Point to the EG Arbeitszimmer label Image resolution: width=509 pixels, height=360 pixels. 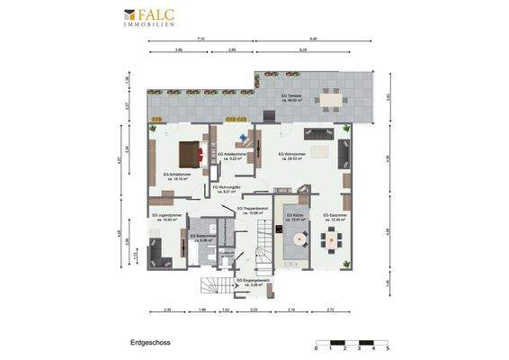pos(233,156)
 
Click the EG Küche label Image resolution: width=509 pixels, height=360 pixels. pos(296,217)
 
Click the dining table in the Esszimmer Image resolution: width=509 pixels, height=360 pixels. pos(335,238)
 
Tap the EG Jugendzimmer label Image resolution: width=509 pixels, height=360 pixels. pos(168,217)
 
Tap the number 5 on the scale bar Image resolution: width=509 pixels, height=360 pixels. pos(387,348)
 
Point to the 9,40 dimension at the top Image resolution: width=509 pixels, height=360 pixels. pos(313,40)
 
